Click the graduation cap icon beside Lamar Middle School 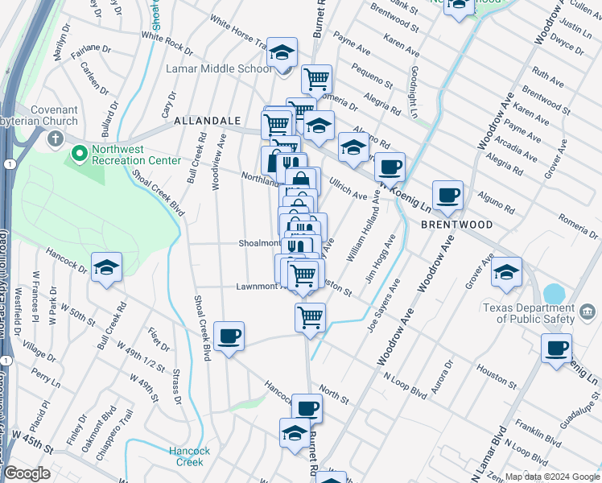point(282,53)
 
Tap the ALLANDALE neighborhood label point(208,121)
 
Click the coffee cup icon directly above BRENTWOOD point(447,196)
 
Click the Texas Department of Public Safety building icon point(587,312)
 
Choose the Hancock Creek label point(191,456)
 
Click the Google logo point(27,473)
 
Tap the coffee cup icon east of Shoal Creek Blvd point(229,336)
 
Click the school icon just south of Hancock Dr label point(106,269)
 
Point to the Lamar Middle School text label point(218,68)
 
